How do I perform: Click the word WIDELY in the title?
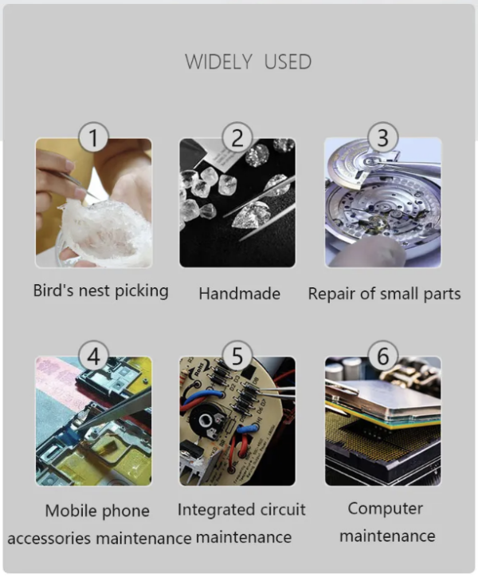pos(218,61)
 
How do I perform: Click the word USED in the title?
pos(288,61)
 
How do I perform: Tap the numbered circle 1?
pos(93,137)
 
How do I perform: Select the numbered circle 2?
pos(237,137)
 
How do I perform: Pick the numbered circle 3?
pos(383,137)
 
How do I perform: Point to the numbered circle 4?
pos(93,356)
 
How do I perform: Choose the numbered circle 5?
pos(237,356)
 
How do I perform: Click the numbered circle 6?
pos(383,356)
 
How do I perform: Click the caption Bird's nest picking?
pos(101,290)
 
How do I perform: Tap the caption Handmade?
pos(240,294)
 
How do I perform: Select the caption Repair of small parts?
pos(384,294)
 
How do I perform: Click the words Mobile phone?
pos(97,511)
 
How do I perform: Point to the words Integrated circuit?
pos(241,510)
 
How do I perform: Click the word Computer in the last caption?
pos(386,508)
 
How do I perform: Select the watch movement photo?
pos(383,203)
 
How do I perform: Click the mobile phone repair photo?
pos(93,421)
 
